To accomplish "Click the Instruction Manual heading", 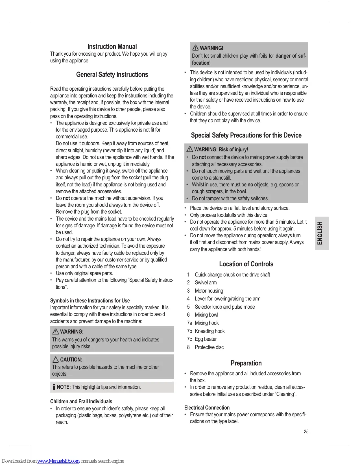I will click(x=112, y=47).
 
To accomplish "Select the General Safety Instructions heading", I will click(x=112, y=75).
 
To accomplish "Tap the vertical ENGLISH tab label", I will click(x=320, y=233).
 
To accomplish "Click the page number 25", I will click(x=306, y=432).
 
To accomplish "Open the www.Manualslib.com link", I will click(x=58, y=461).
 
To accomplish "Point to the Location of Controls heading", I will click(x=246, y=264).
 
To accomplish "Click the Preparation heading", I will click(x=246, y=363).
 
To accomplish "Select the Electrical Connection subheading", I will click(x=207, y=408).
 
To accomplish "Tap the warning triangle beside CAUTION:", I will click(x=56, y=360).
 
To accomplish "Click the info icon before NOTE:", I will click(x=54, y=387).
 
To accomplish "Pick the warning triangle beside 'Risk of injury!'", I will click(x=189, y=149).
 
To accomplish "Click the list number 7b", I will click(x=189, y=331).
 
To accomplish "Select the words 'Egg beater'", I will click(x=206, y=339).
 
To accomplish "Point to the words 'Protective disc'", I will click(x=209, y=347).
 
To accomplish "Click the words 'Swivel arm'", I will click(x=206, y=283).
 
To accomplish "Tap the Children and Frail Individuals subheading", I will click(x=81, y=401).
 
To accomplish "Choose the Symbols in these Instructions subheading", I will click(x=90, y=300).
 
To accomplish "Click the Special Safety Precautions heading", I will click(x=246, y=135).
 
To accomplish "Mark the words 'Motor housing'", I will click(x=209, y=291).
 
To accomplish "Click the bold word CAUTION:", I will click(x=71, y=360).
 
